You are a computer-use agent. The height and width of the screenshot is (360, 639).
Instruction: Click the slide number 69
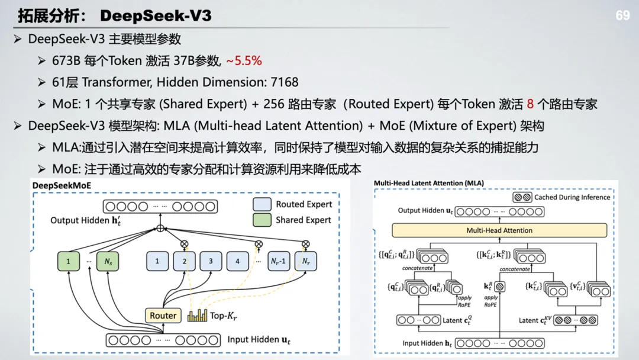tap(622, 15)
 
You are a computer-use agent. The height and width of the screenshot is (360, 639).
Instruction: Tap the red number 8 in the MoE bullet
tap(530, 104)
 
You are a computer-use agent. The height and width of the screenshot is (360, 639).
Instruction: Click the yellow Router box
tap(163, 316)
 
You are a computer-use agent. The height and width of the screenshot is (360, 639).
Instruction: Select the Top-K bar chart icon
tap(197, 315)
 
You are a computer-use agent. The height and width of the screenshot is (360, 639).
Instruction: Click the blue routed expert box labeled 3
tap(211, 261)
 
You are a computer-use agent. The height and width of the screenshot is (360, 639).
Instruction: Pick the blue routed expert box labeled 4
tap(237, 261)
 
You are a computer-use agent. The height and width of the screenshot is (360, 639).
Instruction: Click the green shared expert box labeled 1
tap(68, 261)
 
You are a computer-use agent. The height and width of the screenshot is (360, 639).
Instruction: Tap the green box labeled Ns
tap(107, 261)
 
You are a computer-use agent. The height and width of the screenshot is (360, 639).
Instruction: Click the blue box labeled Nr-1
tap(278, 261)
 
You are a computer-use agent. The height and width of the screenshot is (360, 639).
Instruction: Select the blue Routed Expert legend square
tap(262, 204)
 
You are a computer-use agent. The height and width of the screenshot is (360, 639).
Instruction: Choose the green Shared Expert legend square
tap(262, 220)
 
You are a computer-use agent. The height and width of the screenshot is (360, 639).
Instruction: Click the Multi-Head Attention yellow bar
tap(499, 230)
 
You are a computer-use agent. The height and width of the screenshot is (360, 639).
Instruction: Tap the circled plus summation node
tap(160, 228)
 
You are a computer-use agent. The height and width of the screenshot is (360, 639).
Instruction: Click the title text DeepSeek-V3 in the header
tap(156, 15)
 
